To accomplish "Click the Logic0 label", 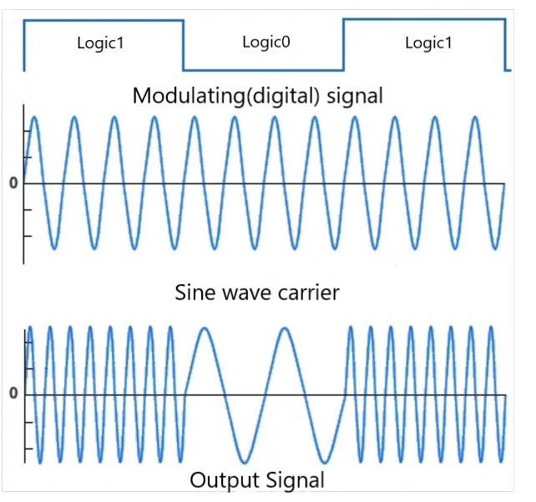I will pyautogui.click(x=265, y=42).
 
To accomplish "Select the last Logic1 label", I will pyautogui.click(x=428, y=43).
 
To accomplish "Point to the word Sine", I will pyautogui.click(x=197, y=293).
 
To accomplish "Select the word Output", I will pyautogui.click(x=221, y=480).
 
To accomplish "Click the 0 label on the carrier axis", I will pyautogui.click(x=13, y=183).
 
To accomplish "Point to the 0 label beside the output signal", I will pyautogui.click(x=13, y=393).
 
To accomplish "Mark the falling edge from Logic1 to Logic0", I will pyautogui.click(x=184, y=46).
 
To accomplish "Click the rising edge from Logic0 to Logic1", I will pyautogui.click(x=343, y=46).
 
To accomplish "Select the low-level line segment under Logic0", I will pyautogui.click(x=263, y=70).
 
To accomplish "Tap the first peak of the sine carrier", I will pyautogui.click(x=34, y=117).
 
